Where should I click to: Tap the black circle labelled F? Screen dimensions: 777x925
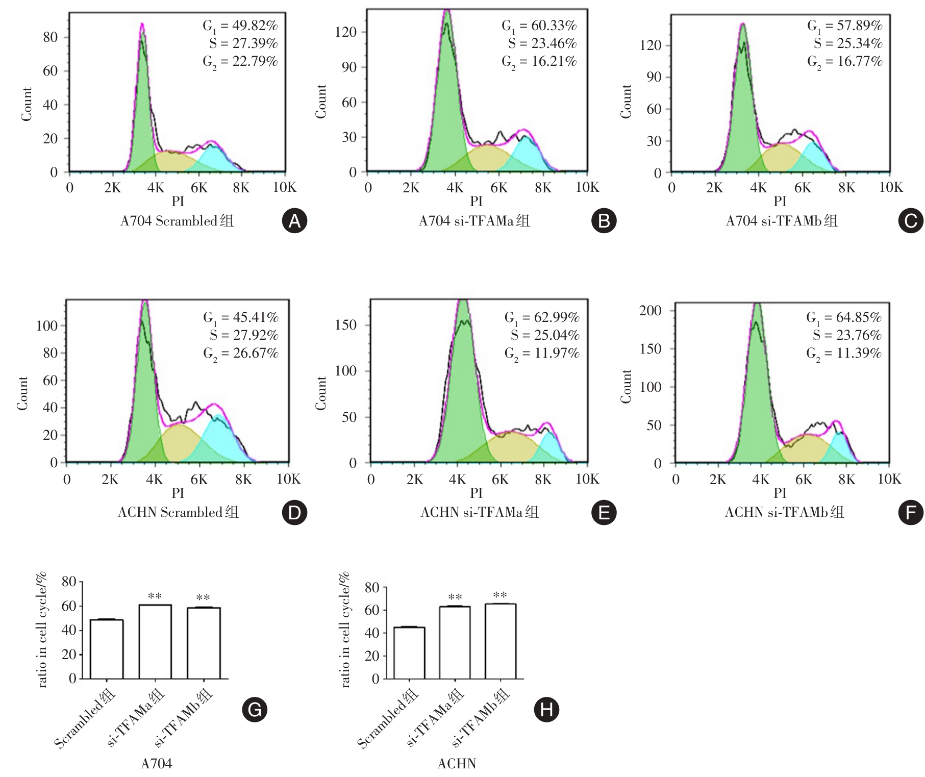[911, 513]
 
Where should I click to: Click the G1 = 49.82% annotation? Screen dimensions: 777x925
[240, 26]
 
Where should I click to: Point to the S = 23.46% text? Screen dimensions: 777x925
[542, 43]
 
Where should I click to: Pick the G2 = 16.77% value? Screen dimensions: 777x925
[844, 62]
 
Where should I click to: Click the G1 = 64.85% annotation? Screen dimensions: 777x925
[843, 318]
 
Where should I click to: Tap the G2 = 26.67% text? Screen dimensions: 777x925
[240, 353]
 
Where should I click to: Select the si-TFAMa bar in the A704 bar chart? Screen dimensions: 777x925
[155, 641]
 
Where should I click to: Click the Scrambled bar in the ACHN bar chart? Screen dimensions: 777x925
[409, 653]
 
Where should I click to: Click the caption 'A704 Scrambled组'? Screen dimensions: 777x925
[177, 221]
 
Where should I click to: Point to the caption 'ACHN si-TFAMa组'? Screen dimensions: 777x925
[479, 512]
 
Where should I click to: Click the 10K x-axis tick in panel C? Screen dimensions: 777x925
[890, 188]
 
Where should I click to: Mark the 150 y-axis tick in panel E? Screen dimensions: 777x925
[345, 325]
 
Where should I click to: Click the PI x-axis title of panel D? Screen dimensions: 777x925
[178, 493]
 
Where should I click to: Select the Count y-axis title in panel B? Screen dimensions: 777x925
[321, 102]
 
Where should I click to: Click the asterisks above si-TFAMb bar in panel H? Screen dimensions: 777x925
[500, 595]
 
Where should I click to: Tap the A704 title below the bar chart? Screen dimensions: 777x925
[156, 764]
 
